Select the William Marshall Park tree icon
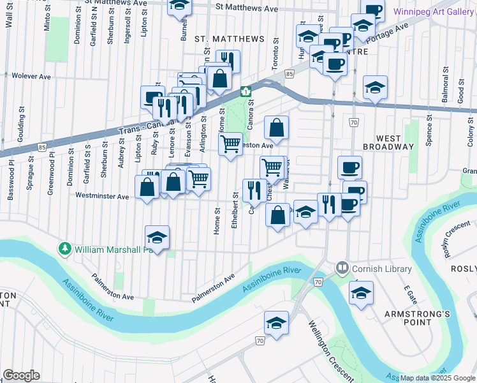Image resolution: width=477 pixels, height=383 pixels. [64, 248]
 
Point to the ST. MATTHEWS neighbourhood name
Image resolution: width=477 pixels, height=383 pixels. [230, 39]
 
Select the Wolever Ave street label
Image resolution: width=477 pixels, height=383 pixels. [31, 77]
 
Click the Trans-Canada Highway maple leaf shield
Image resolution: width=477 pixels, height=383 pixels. [246, 91]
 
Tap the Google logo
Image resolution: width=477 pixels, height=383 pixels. [21, 375]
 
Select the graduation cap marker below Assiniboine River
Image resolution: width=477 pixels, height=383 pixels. [276, 324]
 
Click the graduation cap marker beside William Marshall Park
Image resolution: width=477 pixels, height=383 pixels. [157, 237]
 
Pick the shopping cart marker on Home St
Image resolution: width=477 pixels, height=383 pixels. [230, 144]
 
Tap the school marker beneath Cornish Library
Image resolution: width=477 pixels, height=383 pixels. [361, 293]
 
